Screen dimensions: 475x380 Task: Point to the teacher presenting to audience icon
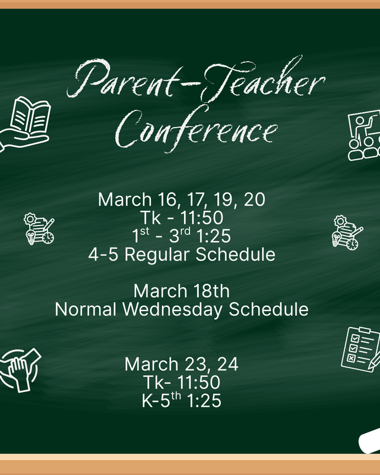click(363, 136)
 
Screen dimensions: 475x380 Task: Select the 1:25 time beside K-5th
click(204, 401)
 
